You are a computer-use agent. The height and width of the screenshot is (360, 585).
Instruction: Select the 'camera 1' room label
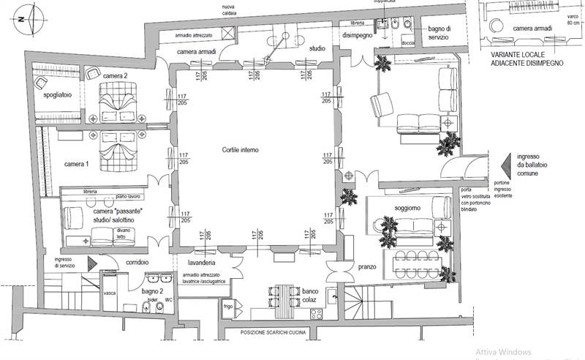pos(77,164)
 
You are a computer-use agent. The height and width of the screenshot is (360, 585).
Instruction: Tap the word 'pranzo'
pos(367,267)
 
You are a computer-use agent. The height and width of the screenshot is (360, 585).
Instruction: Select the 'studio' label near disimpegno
pos(317,48)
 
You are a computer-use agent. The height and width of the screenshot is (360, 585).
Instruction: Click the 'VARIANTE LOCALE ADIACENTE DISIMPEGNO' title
pos(526,59)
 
